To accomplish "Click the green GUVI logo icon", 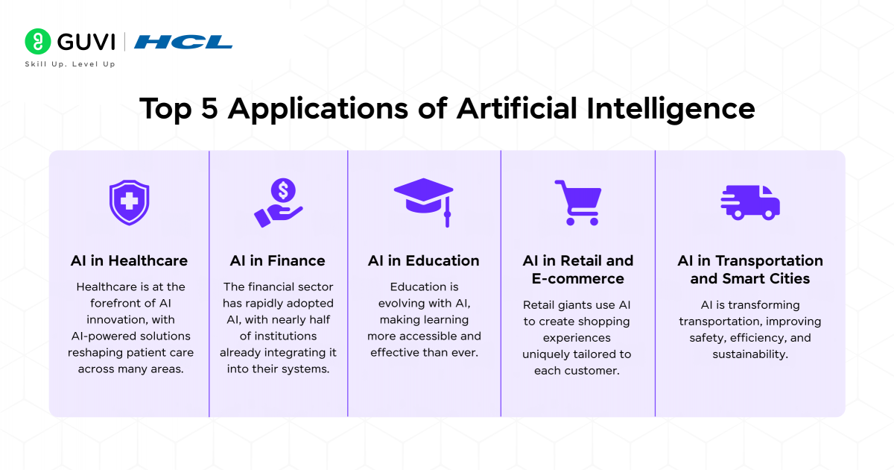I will tap(38, 42).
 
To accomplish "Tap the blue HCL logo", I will tap(183, 42).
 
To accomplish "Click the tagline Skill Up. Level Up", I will tap(70, 64).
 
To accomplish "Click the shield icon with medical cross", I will tap(129, 202).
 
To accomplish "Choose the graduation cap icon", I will tap(424, 200).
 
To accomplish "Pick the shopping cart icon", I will tap(577, 202).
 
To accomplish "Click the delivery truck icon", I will tap(749, 202).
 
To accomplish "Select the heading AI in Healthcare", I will tap(129, 261).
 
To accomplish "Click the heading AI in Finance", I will tap(277, 261).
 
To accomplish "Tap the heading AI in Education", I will tap(424, 261).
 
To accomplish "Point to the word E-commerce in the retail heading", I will tap(577, 279).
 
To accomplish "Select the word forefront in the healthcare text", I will tap(108, 303).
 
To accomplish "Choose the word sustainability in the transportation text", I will tap(749, 354).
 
